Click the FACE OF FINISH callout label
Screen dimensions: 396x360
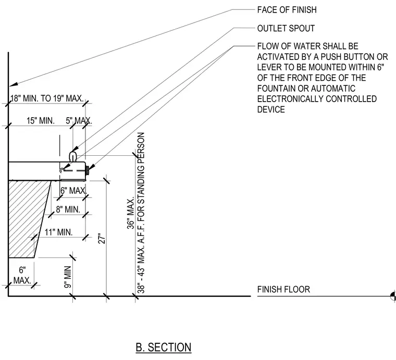point(287,10)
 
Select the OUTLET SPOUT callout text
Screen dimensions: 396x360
point(286,28)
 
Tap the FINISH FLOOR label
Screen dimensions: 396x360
point(283,289)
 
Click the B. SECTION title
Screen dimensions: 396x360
point(164,347)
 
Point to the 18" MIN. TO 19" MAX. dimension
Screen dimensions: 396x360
point(47,98)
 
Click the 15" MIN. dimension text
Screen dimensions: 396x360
point(41,121)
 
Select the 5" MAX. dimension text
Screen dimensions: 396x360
point(79,121)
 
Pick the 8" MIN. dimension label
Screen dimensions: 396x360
point(68,209)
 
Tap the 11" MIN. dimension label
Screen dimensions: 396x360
point(58,232)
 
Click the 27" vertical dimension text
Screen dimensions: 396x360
point(102,239)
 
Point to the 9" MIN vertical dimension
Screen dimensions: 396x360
point(68,277)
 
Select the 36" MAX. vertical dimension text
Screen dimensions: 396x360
point(131,214)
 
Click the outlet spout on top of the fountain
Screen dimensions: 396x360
point(73,156)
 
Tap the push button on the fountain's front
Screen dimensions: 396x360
point(88,170)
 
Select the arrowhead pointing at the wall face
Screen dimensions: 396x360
point(14,84)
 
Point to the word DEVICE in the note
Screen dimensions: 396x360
point(271,109)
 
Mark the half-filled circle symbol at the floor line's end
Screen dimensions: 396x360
point(393,296)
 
